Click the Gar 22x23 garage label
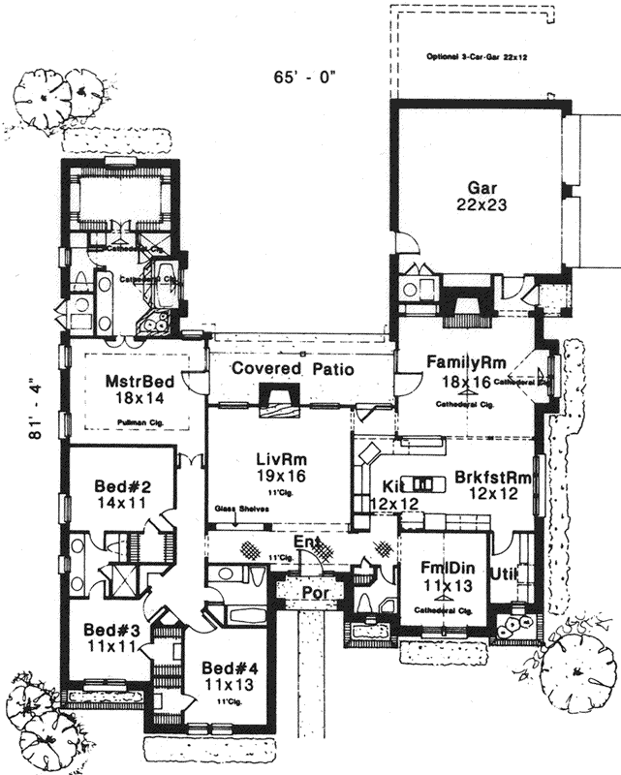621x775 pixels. click(x=476, y=197)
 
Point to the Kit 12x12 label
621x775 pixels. click(x=386, y=493)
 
